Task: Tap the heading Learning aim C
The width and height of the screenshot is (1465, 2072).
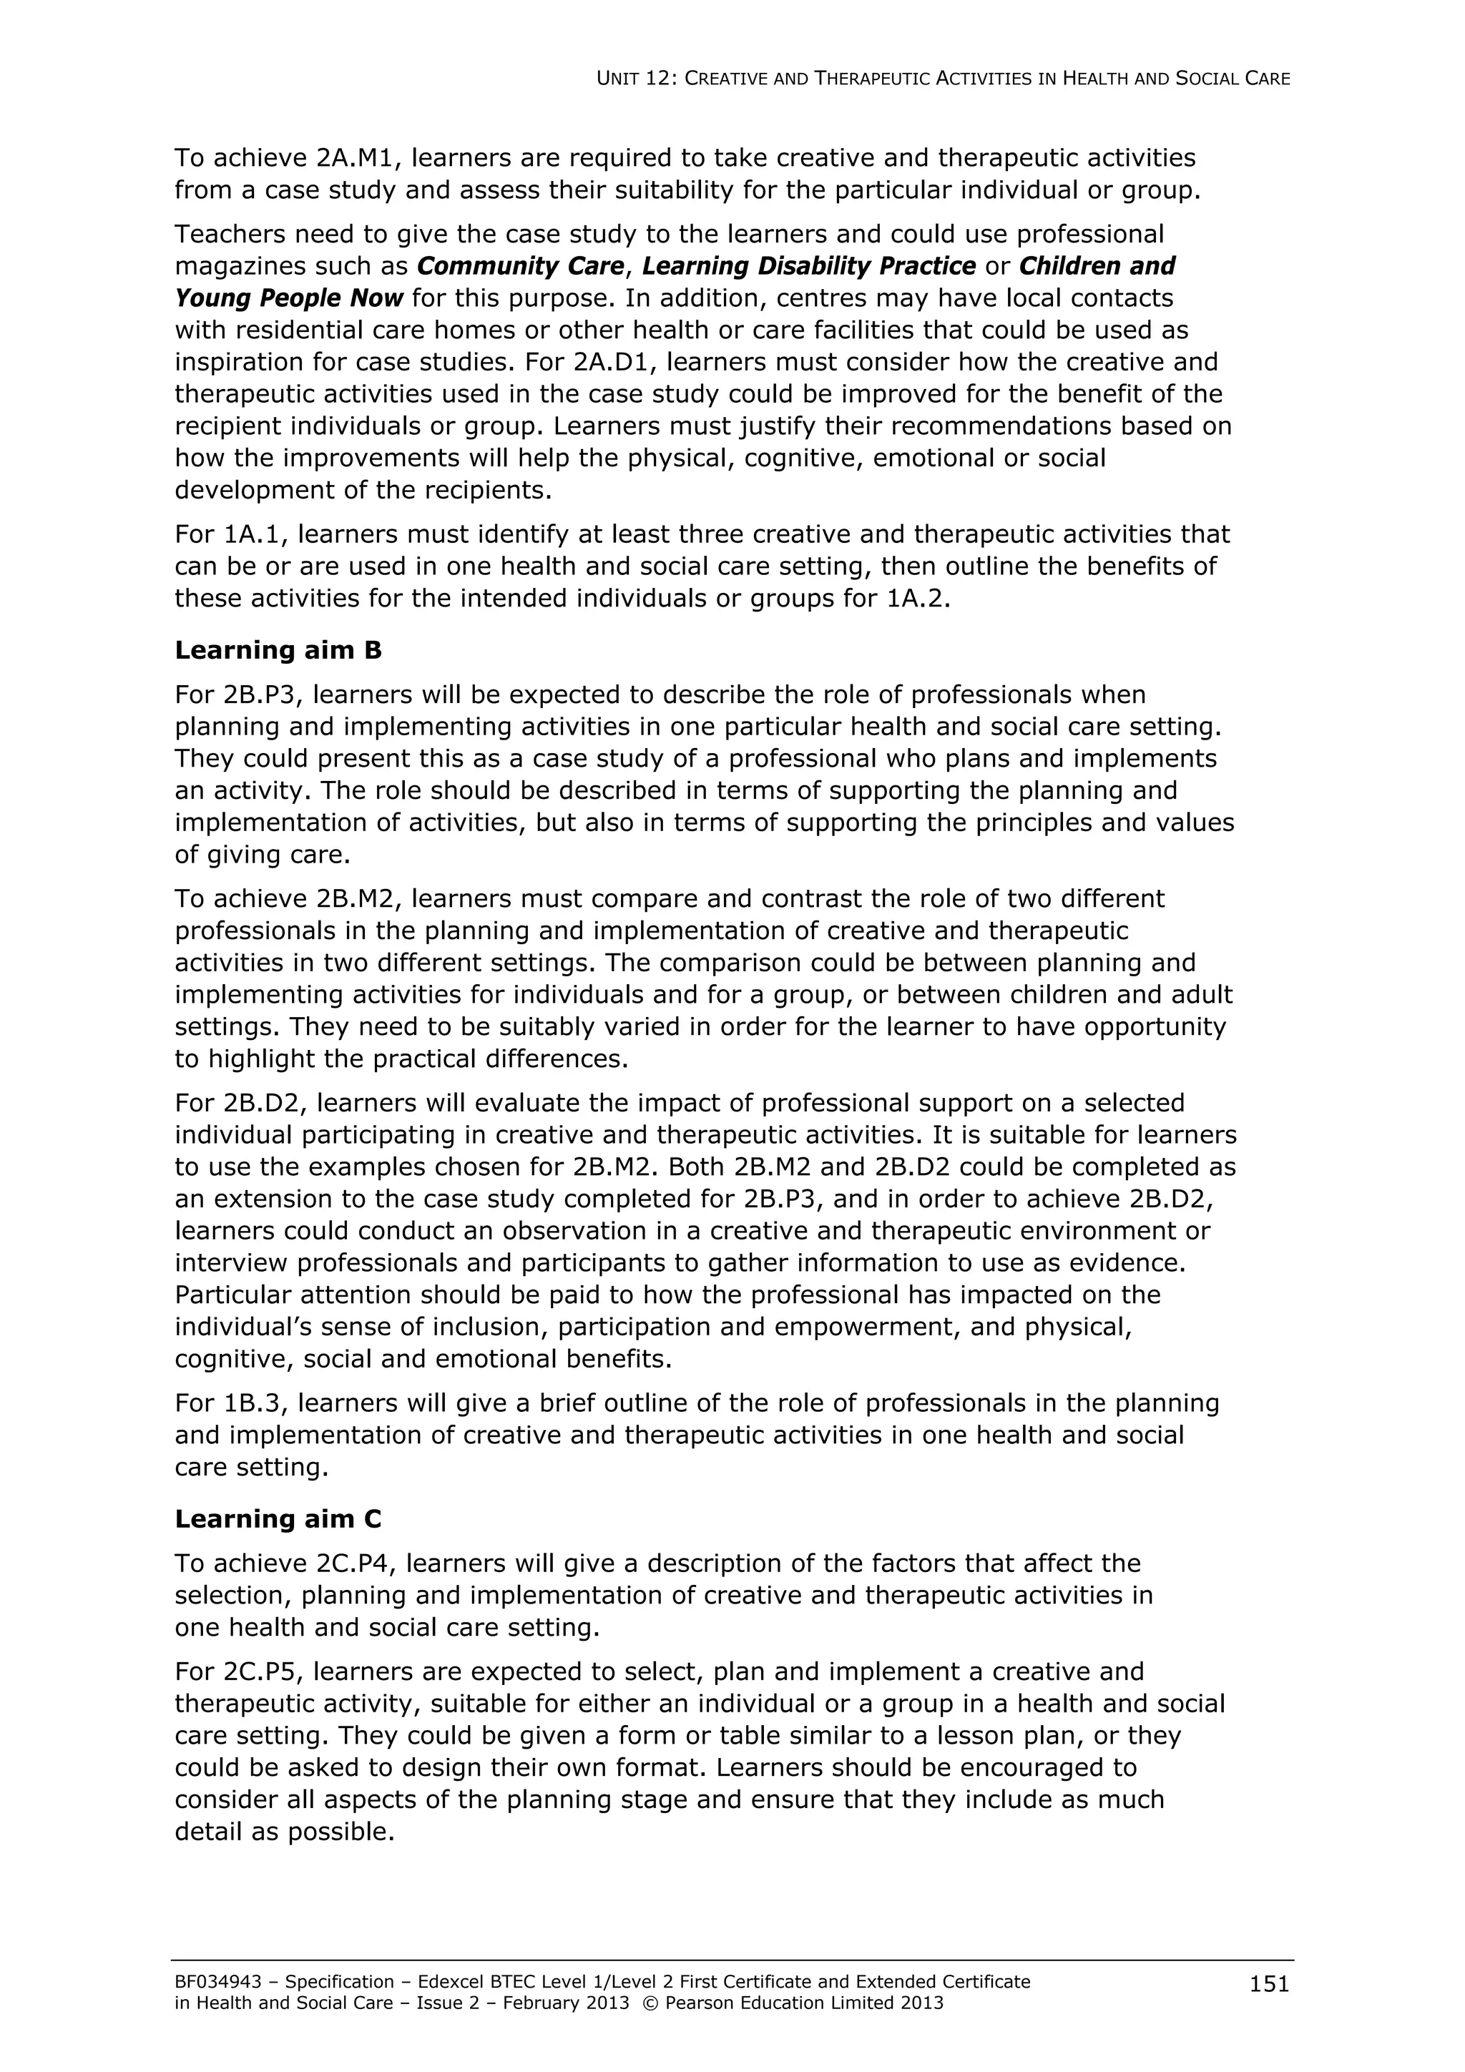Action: point(278,1519)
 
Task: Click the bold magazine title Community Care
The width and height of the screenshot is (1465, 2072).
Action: point(520,266)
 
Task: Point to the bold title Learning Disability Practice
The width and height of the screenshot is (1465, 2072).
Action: point(809,266)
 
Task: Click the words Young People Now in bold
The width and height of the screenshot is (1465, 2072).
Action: point(289,298)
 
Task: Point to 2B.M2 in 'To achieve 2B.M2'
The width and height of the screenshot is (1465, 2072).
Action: point(356,899)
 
